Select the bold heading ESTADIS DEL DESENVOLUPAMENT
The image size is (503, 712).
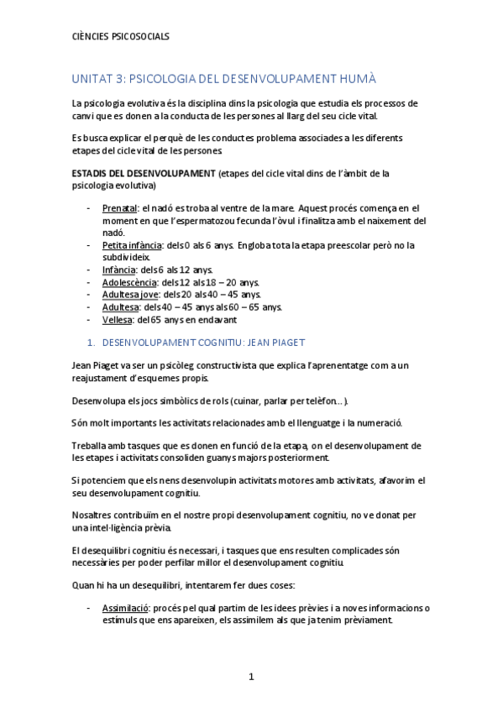coord(144,174)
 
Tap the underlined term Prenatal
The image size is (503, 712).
coord(120,207)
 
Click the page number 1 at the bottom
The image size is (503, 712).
coord(251,677)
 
